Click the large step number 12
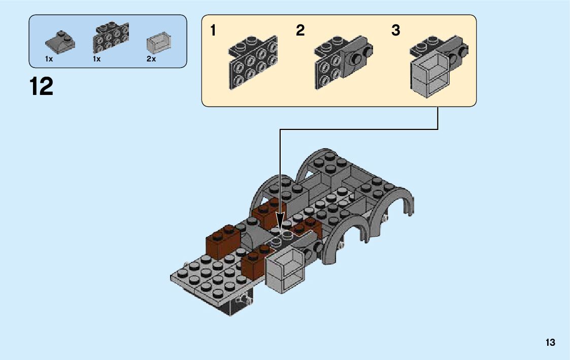42,86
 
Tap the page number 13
551,343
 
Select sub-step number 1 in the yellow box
213,31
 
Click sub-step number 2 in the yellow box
300,31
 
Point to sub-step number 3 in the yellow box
396,31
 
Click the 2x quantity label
151,59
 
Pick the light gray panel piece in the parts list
158,44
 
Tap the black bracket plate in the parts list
110,39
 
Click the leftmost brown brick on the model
223,241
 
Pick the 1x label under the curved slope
49,59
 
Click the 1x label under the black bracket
97,59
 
